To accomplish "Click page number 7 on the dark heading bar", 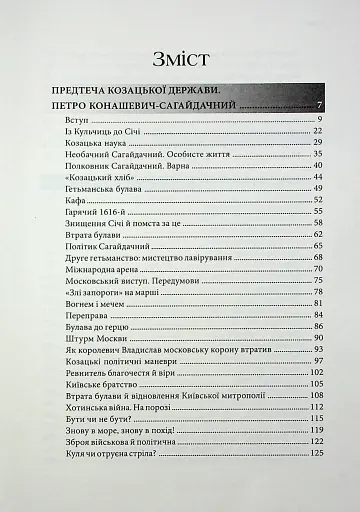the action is point(318,106).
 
